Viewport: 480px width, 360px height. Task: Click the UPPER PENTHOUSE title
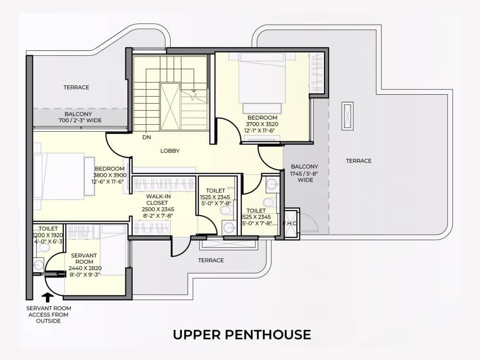[242, 335]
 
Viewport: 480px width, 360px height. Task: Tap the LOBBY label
[170, 150]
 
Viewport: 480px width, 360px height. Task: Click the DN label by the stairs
[147, 137]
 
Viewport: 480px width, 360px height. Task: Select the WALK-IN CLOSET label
[158, 200]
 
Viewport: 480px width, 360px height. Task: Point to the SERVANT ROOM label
[84, 258]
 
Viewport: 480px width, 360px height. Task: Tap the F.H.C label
[290, 223]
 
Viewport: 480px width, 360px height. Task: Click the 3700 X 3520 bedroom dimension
[262, 124]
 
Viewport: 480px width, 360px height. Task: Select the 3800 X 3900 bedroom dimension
[110, 175]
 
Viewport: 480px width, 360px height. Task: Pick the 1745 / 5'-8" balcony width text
[304, 173]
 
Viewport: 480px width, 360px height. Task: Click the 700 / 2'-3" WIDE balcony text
[80, 120]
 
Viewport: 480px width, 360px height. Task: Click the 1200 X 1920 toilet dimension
[48, 235]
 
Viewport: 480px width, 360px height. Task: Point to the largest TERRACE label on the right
[359, 161]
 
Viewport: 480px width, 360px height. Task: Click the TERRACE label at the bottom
[211, 260]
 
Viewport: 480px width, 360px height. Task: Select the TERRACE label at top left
[76, 87]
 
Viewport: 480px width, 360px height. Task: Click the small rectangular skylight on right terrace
[347, 116]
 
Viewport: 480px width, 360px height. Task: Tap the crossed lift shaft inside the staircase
[170, 107]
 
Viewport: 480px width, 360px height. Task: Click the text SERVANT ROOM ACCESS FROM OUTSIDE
[48, 315]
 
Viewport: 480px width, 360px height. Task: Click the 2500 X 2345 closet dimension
[158, 210]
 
